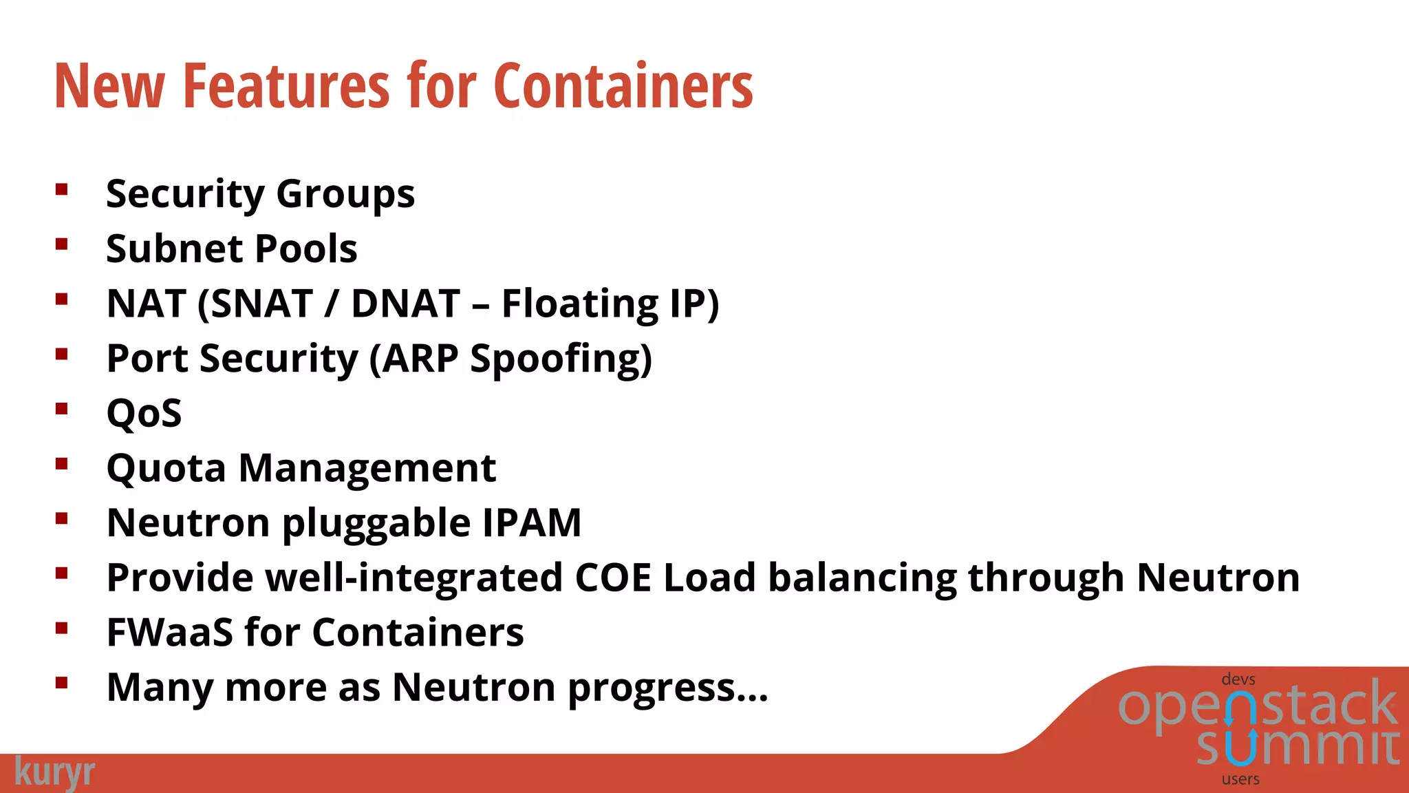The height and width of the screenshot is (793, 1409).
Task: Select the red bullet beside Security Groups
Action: (62, 189)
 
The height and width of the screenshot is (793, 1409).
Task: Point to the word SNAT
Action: (261, 304)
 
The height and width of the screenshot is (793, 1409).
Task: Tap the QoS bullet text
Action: (144, 413)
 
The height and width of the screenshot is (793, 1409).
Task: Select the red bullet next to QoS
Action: (62, 409)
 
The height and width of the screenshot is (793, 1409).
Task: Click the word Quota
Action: (166, 469)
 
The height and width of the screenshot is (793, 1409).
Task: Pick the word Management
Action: (367, 468)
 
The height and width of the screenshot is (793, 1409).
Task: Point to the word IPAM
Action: (531, 522)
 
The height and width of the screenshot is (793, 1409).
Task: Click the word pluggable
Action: (376, 524)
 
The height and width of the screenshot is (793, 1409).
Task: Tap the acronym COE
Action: (612, 578)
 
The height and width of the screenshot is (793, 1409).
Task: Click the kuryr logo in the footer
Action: (54, 772)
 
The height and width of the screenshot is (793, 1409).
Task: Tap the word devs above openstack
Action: (1238, 679)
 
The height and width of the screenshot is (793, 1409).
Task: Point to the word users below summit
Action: (1240, 779)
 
